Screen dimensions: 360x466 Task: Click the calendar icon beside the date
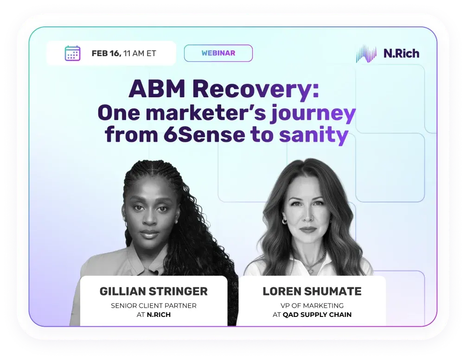click(x=72, y=53)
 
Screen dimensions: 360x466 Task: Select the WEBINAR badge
click(x=218, y=53)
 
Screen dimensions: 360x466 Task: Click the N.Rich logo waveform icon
click(x=366, y=54)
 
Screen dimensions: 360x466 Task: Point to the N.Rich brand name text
click(x=401, y=54)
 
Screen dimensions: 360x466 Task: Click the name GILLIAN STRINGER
click(x=153, y=291)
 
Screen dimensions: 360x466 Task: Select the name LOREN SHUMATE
click(x=312, y=291)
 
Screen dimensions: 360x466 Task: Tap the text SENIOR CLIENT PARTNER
click(x=153, y=305)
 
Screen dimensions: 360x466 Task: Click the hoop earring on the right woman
click(x=284, y=221)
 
